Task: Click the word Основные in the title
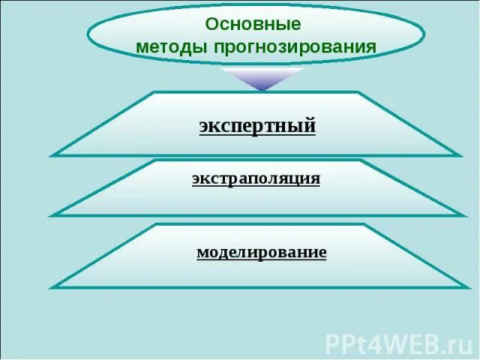(253, 23)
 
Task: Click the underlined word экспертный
(257, 125)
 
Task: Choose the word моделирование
(261, 252)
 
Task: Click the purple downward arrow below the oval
(262, 79)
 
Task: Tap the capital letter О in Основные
(211, 23)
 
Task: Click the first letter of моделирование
(202, 253)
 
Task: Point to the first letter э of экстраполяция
(196, 179)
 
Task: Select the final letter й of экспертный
(309, 125)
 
